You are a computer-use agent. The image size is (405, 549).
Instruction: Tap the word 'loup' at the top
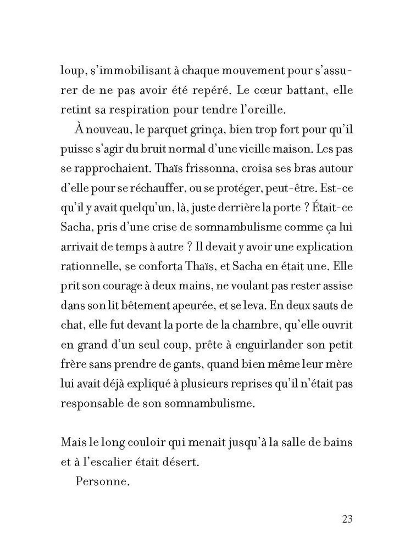(x=73, y=71)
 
